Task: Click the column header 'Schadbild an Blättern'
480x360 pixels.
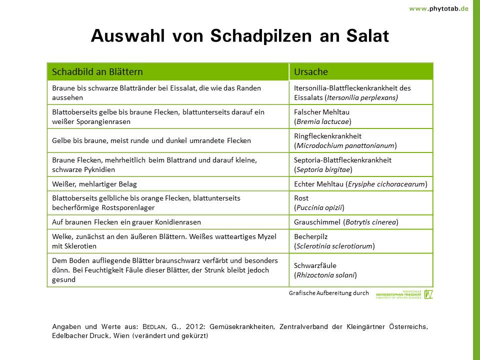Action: (x=97, y=71)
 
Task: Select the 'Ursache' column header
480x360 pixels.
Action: (x=310, y=71)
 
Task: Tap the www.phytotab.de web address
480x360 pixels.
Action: (x=438, y=8)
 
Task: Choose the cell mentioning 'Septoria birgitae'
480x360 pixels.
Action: (x=342, y=164)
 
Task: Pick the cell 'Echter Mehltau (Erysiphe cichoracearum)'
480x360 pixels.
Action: (x=360, y=184)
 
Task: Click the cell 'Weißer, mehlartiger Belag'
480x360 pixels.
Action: (x=94, y=184)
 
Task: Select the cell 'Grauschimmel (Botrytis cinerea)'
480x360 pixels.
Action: (x=346, y=222)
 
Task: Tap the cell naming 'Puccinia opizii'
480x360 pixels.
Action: (x=319, y=202)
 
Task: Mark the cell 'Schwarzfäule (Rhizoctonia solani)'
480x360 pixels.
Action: (x=325, y=270)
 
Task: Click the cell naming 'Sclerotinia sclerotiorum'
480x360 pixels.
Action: (x=334, y=241)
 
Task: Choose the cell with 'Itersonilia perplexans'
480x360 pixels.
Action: (x=352, y=92)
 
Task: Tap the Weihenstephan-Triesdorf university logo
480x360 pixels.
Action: (x=404, y=294)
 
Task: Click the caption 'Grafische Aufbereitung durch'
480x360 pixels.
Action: (x=328, y=293)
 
